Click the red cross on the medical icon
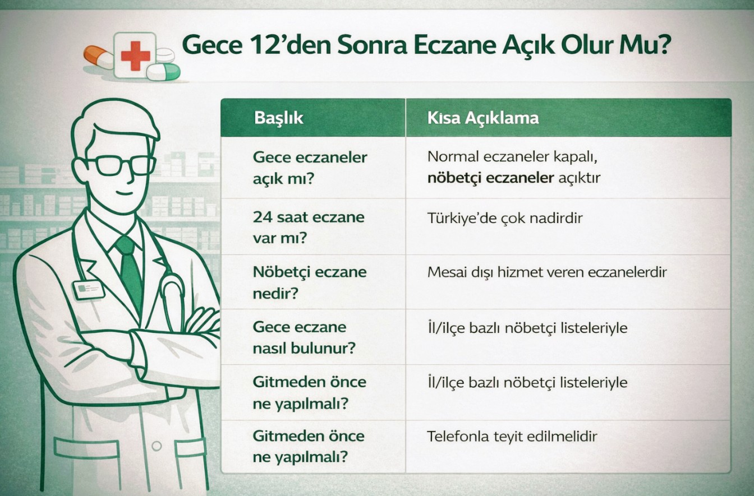[x=135, y=56]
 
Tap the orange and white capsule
[x=99, y=58]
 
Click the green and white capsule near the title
[x=163, y=72]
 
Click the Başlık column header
[x=279, y=118]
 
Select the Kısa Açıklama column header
[x=483, y=118]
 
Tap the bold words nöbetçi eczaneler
[x=490, y=178]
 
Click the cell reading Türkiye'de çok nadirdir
[x=505, y=218]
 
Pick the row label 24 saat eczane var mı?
[x=309, y=228]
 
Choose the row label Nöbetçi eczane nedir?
[x=309, y=283]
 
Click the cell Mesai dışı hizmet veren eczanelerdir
[x=547, y=272]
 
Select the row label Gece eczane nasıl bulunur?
[x=304, y=337]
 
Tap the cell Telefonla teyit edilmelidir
[x=512, y=437]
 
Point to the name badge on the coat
[x=89, y=290]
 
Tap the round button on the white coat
[x=157, y=446]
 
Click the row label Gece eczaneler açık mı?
[x=310, y=168]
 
